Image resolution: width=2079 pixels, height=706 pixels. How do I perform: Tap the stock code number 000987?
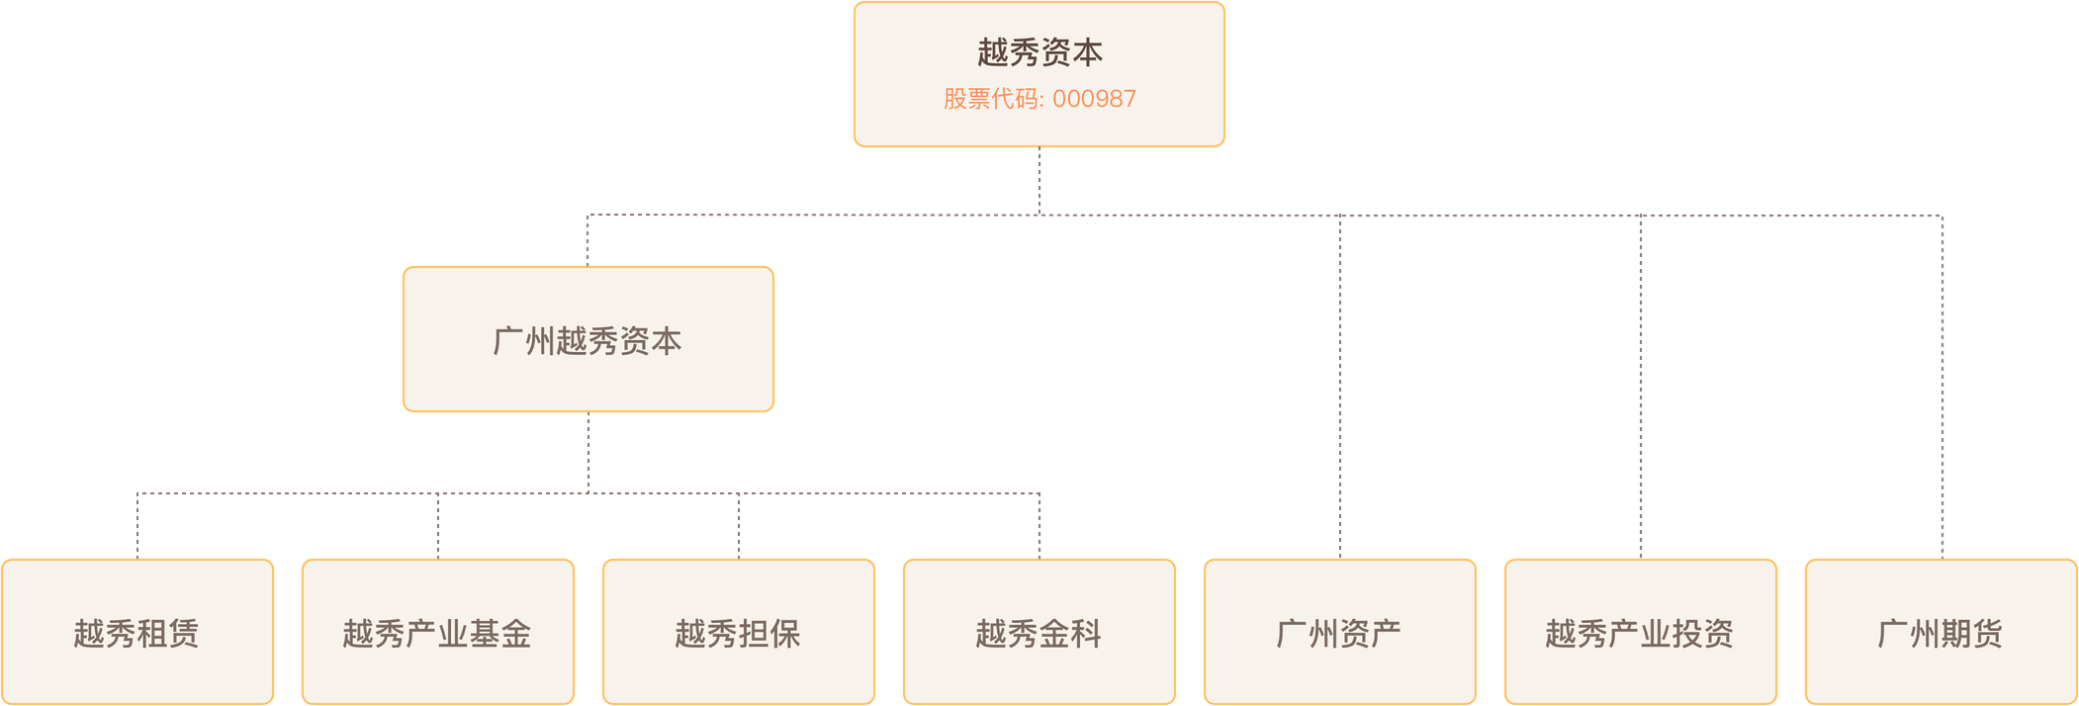tap(1094, 99)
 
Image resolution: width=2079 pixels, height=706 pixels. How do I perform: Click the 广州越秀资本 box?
tap(588, 339)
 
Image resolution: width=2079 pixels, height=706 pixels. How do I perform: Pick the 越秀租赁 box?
tap(136, 632)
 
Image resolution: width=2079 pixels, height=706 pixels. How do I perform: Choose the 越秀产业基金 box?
tap(437, 632)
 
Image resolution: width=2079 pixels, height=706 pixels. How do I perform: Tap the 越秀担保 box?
tap(738, 632)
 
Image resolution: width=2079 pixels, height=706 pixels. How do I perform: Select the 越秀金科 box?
tap(1039, 632)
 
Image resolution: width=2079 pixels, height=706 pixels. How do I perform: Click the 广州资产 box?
tap(1339, 632)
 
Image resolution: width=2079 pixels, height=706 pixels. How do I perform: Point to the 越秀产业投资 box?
tap(1640, 632)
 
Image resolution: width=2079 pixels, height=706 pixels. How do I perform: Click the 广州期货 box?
tap(1941, 632)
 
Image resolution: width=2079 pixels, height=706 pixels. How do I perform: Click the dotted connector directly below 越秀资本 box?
tap(1039, 181)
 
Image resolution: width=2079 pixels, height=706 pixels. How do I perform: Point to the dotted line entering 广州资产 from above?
tap(1340, 386)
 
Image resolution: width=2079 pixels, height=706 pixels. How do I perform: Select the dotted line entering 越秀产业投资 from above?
tap(1641, 386)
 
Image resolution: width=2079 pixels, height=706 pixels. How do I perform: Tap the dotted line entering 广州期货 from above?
tap(1943, 386)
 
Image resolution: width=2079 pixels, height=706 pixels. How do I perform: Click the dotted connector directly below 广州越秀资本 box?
tap(588, 452)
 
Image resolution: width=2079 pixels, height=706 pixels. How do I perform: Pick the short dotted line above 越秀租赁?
tap(137, 524)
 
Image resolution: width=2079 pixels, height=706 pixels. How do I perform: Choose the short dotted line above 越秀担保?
tap(739, 524)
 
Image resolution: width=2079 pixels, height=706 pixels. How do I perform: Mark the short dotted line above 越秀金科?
tap(1039, 524)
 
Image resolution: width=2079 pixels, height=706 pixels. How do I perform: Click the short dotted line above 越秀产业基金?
tap(438, 524)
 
